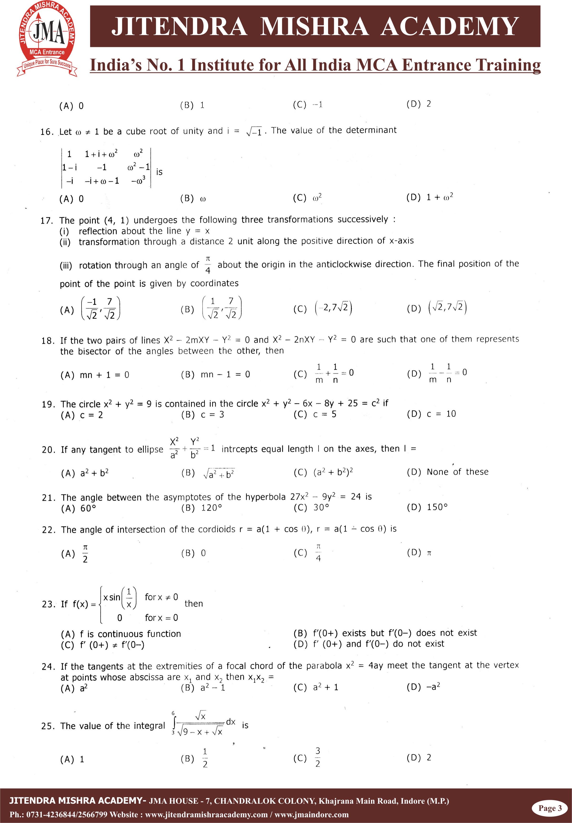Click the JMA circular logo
[47, 39]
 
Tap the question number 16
[46, 132]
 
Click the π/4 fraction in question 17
[208, 264]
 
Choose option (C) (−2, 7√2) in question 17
[323, 308]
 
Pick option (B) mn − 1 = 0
[215, 374]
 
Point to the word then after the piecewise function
[194, 604]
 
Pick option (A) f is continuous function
[121, 634]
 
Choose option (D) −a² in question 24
[423, 687]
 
